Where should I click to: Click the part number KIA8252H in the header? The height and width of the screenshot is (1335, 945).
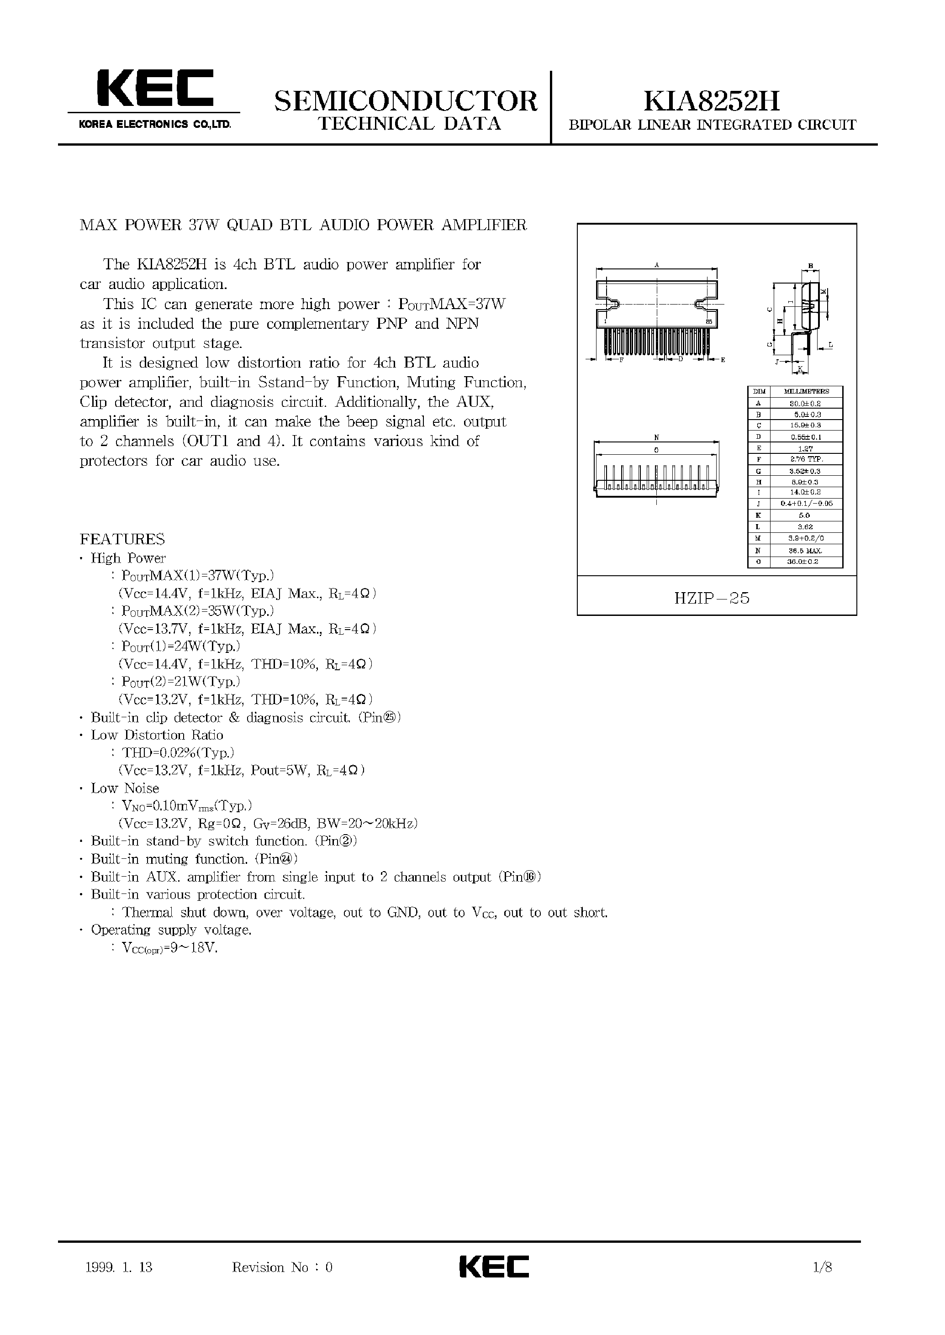tap(711, 101)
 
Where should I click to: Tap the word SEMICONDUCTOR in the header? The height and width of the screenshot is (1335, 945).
tap(406, 101)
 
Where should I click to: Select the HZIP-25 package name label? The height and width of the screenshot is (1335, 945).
tap(712, 598)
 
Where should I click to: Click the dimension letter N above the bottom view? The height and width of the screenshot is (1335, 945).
tap(656, 437)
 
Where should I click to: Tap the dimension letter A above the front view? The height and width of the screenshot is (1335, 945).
tap(656, 265)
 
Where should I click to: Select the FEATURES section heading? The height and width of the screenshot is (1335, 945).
tap(122, 539)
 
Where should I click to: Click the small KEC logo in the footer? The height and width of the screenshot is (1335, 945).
tap(494, 1267)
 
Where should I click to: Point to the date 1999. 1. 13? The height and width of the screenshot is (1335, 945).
tap(119, 1267)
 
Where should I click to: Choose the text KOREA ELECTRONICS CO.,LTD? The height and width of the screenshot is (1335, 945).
tap(155, 124)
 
